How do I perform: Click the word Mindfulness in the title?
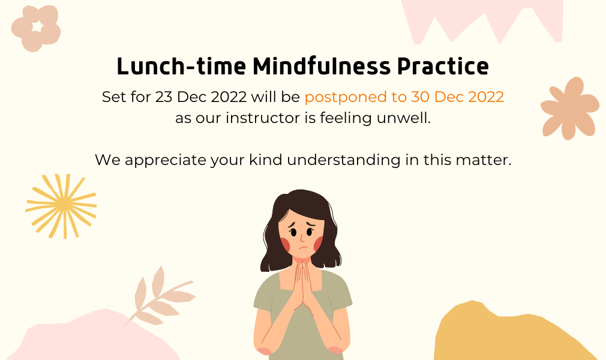pos(322,66)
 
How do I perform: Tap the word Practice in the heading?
pos(443,66)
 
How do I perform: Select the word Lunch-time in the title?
pos(181,66)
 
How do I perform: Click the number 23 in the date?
pos(164,97)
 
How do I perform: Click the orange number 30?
pos(420,97)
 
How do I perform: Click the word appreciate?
pos(166,160)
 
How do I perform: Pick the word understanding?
pos(344,160)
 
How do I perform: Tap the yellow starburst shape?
pos(61,206)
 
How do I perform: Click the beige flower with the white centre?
pos(35,29)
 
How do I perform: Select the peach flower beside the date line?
pos(569,108)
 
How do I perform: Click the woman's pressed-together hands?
pos(302,285)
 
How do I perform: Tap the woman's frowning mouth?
pos(304,247)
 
